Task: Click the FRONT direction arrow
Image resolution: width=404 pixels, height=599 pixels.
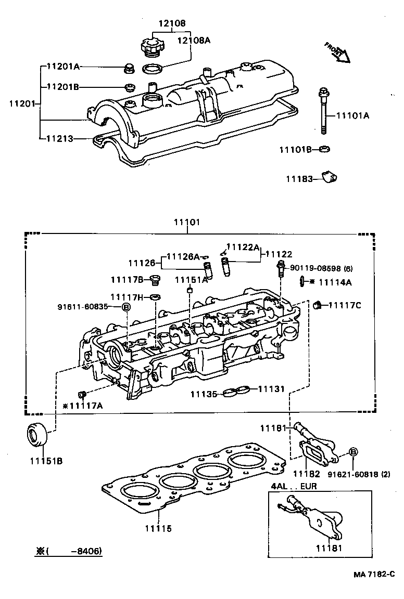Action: point(337,52)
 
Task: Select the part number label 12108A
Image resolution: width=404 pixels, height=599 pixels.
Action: point(194,40)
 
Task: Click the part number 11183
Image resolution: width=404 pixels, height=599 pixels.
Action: point(298,179)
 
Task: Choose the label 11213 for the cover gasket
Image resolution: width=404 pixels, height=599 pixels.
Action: point(59,139)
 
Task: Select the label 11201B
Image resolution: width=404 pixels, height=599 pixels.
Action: point(62,87)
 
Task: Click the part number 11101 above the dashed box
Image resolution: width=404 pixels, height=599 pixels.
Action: point(187,222)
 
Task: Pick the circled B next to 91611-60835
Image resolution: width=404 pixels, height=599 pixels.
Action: point(125,307)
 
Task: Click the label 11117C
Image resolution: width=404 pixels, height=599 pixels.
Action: point(345,305)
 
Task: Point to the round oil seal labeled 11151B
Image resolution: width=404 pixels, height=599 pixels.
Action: point(37,435)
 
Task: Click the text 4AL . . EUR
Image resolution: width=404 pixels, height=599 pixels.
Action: point(294,486)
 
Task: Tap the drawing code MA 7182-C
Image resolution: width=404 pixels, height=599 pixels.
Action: point(373,574)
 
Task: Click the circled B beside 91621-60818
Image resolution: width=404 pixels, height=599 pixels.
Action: point(352,452)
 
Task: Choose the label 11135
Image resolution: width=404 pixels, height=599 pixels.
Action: point(203,394)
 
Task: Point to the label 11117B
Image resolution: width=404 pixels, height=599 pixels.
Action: point(127,280)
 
